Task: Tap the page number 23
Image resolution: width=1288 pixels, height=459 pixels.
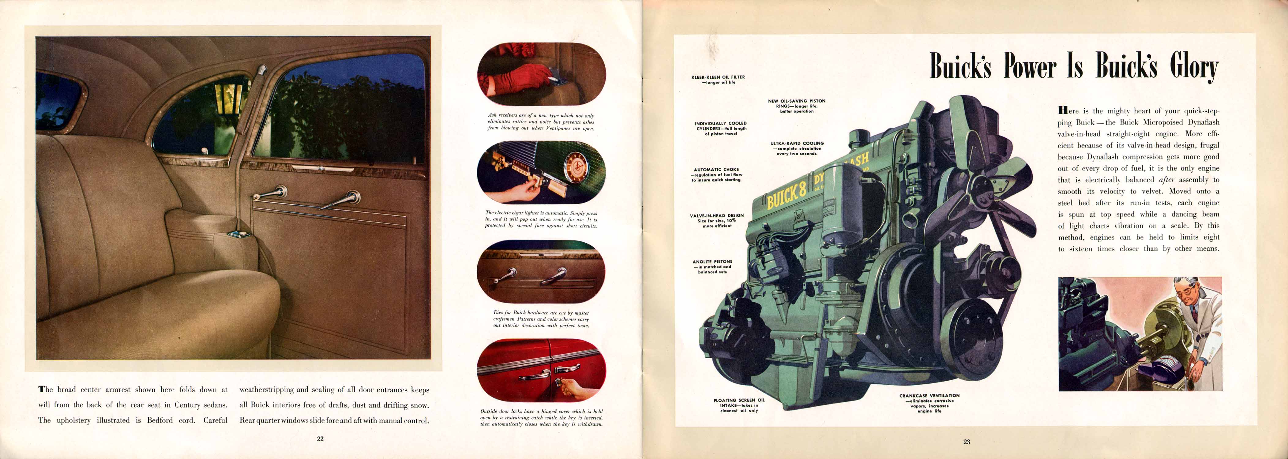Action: coord(967,442)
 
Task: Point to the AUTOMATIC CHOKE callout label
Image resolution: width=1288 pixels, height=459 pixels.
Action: coord(716,174)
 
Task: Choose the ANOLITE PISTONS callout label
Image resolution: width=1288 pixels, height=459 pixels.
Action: coord(712,267)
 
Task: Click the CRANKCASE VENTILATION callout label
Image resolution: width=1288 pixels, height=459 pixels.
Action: coord(929,403)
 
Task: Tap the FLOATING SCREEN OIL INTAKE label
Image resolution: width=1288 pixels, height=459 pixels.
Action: coord(739,405)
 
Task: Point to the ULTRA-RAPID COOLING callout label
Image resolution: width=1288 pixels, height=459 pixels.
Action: coord(797,148)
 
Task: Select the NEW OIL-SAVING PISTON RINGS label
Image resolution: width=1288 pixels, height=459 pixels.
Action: coord(797,106)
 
